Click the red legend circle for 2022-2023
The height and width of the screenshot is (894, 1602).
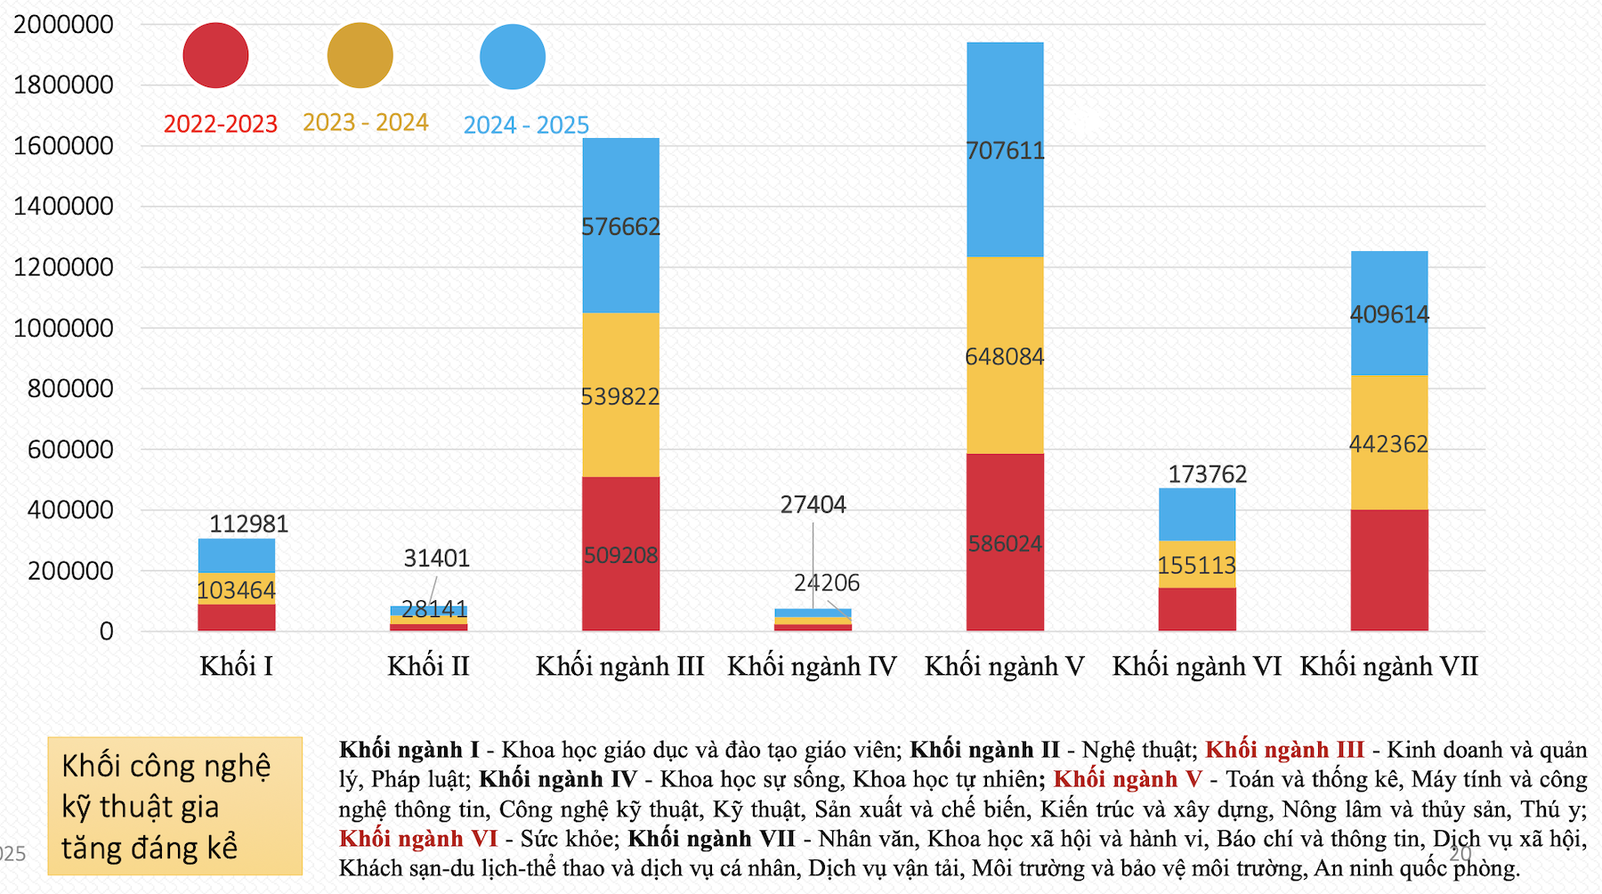(x=215, y=55)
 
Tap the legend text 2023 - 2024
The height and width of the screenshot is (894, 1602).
(x=365, y=122)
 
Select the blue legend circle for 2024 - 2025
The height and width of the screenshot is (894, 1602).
(x=513, y=57)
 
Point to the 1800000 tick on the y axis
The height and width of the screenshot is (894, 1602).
(x=63, y=85)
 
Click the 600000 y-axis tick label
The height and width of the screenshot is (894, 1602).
(x=70, y=449)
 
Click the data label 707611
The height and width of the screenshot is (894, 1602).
(x=1005, y=150)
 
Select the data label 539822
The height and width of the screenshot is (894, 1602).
(x=620, y=396)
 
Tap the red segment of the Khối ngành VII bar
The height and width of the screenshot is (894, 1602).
(x=1388, y=570)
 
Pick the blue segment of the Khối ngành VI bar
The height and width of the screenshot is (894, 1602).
(x=1197, y=514)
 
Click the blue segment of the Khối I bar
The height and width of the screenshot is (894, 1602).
(x=236, y=555)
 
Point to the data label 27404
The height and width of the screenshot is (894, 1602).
(x=813, y=505)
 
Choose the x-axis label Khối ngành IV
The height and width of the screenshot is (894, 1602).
(x=812, y=666)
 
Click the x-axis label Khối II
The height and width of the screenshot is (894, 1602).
(x=428, y=666)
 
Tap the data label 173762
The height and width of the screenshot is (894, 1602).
(x=1207, y=474)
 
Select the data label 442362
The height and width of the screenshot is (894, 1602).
(x=1388, y=443)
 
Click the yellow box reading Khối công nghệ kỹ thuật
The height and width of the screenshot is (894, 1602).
(x=174, y=805)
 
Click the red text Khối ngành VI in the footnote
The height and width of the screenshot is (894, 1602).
(x=418, y=838)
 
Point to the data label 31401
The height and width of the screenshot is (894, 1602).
(x=436, y=558)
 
